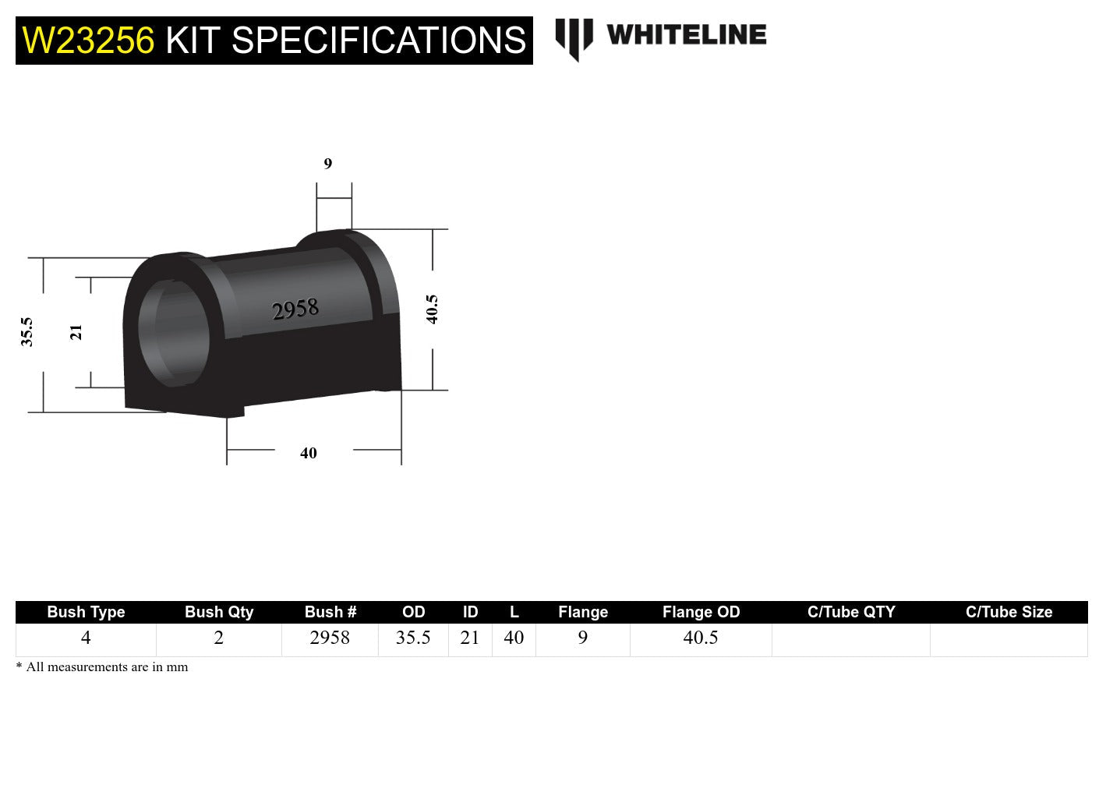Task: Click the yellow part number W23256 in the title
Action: pyautogui.click(x=88, y=41)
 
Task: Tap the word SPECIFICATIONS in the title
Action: pyautogui.click(x=379, y=41)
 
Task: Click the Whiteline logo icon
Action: pyautogui.click(x=574, y=38)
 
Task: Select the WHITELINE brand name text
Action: pyautogui.click(x=686, y=35)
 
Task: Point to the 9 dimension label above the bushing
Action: pyautogui.click(x=327, y=164)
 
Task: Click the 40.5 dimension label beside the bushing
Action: pyautogui.click(x=432, y=309)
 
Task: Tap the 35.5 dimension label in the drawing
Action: pyautogui.click(x=27, y=332)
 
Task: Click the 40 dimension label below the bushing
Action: pyautogui.click(x=309, y=453)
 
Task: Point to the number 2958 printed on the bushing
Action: pyautogui.click(x=295, y=310)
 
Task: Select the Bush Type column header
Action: pyautogui.click(x=86, y=612)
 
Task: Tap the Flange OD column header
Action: pyautogui.click(x=701, y=612)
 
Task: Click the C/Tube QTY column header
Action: pyautogui.click(x=851, y=612)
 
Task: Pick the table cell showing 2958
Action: pyautogui.click(x=330, y=638)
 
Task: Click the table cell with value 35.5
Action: pyautogui.click(x=413, y=638)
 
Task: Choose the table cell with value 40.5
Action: pyautogui.click(x=701, y=638)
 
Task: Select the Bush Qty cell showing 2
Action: pyautogui.click(x=219, y=638)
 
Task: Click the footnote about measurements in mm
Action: pyautogui.click(x=102, y=667)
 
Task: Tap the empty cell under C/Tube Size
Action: pyautogui.click(x=1009, y=639)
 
